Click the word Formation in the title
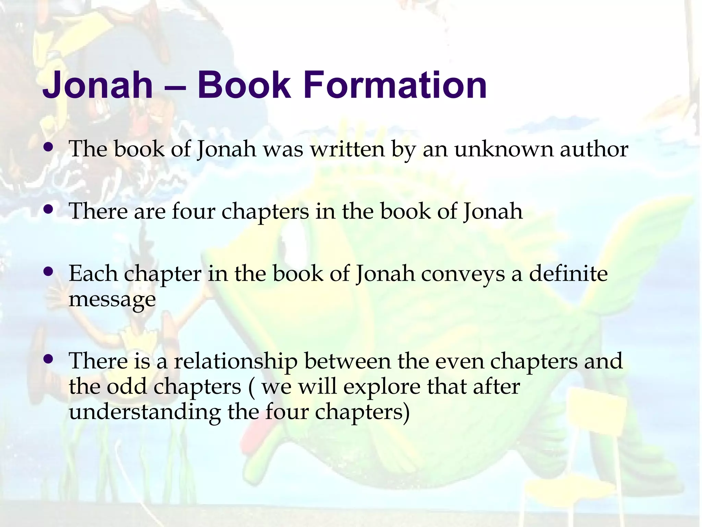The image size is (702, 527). [395, 85]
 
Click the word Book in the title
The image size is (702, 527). [244, 85]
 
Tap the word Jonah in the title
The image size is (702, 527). [97, 85]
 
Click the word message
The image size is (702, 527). [112, 299]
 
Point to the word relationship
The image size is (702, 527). [236, 361]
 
